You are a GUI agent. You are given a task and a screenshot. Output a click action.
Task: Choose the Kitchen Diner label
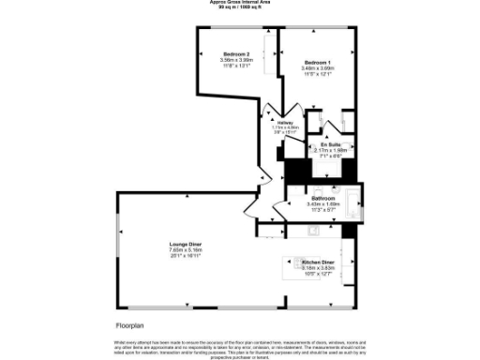pyautogui.click(x=318, y=262)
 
